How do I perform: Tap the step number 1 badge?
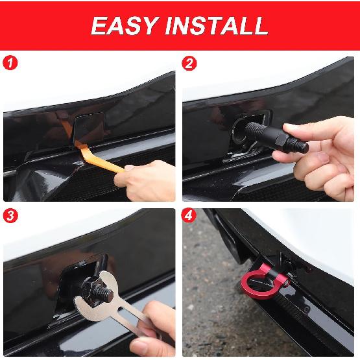coord(9,64)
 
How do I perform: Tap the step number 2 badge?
coord(190,64)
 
